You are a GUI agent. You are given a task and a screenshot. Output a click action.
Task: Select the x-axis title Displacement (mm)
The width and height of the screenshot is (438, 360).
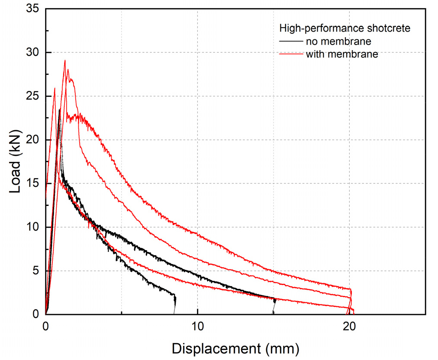tap(235, 348)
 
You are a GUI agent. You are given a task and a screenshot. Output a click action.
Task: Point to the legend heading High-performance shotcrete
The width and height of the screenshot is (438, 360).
tap(345, 29)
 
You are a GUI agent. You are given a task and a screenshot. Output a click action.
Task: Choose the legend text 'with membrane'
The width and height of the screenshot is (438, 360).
tap(342, 54)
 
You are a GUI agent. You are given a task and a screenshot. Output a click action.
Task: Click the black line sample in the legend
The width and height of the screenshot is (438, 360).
tap(291, 42)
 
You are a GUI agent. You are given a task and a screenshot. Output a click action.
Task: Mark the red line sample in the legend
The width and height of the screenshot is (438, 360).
tap(291, 54)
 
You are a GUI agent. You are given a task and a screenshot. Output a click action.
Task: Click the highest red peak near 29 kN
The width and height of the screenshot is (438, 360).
tap(65, 61)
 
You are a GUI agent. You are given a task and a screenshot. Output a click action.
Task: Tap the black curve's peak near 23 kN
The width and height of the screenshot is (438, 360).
tap(59, 110)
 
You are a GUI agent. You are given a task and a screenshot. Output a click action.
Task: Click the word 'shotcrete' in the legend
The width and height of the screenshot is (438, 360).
tap(388, 29)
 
